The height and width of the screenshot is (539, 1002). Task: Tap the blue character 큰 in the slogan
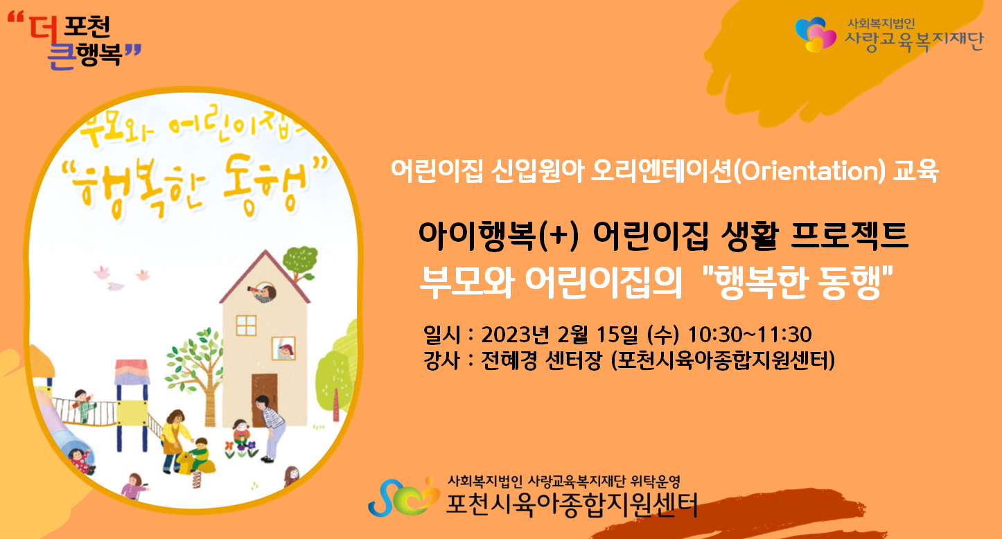click(61, 56)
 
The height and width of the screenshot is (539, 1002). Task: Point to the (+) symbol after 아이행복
click(559, 236)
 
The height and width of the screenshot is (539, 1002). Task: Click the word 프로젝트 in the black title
click(850, 236)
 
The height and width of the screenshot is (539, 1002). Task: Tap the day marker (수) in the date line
click(663, 335)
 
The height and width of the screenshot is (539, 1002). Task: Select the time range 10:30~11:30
click(750, 335)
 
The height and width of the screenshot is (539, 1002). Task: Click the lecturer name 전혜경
click(509, 360)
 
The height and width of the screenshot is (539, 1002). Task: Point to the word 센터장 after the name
click(574, 360)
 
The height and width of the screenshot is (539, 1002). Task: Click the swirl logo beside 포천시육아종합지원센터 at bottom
click(403, 497)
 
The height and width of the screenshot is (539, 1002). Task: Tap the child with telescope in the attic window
click(265, 292)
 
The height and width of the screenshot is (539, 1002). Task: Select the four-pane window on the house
click(246, 325)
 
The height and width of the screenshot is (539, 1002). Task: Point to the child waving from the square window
click(284, 349)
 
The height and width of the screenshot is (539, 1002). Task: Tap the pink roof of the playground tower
click(131, 371)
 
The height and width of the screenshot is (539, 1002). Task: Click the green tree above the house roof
click(300, 262)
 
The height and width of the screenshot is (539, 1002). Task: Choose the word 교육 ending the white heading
click(915, 171)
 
